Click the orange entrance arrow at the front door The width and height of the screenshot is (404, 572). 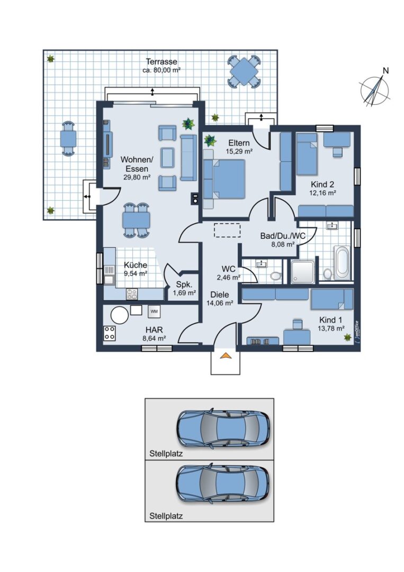coord(226,355)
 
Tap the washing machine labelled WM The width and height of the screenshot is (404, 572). coord(154,311)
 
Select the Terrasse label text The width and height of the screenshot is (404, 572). coord(161,61)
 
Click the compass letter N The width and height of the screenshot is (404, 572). coord(386,71)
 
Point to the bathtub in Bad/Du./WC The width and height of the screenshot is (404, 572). coord(343,262)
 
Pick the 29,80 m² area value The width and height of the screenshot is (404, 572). coord(137,177)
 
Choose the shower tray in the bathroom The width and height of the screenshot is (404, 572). coord(303,271)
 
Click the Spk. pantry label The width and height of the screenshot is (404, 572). coord(184,284)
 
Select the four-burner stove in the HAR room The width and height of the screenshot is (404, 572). coord(110,333)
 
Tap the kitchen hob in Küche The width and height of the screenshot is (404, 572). coord(132,294)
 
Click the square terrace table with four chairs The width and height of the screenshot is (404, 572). coord(244,71)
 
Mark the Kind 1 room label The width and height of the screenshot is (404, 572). coord(331,320)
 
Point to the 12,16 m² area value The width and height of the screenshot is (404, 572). coord(322,193)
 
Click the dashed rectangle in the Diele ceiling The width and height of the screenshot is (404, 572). coord(227,230)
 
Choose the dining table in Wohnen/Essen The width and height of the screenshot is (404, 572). coord(137,220)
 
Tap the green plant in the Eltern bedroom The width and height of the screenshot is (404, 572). coord(210,140)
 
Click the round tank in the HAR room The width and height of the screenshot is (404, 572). coord(120,315)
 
